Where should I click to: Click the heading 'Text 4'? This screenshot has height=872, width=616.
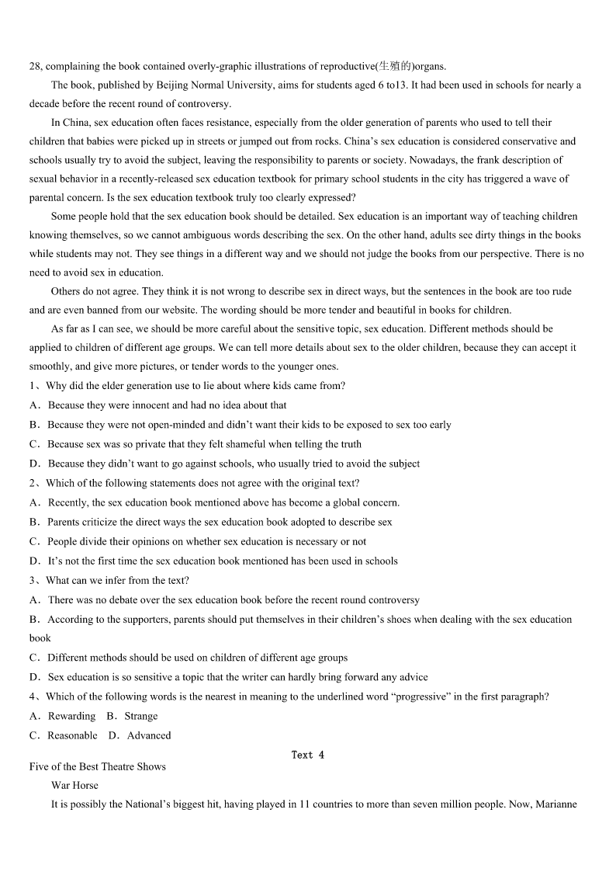[x=308, y=755]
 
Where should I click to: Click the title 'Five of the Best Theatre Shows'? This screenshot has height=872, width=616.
[x=98, y=766]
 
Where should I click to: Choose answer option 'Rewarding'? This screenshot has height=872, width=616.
[x=71, y=716]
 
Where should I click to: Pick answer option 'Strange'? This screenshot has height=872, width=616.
[x=140, y=716]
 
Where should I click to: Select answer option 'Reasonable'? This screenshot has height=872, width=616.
[x=72, y=735]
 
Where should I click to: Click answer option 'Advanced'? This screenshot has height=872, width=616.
[x=148, y=735]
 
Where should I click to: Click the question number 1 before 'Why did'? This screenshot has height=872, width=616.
[x=33, y=386]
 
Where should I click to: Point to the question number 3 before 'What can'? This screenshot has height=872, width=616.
[x=33, y=580]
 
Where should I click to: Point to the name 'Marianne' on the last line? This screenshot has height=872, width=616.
[x=555, y=805]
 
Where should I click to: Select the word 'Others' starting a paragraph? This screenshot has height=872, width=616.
[x=65, y=291]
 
